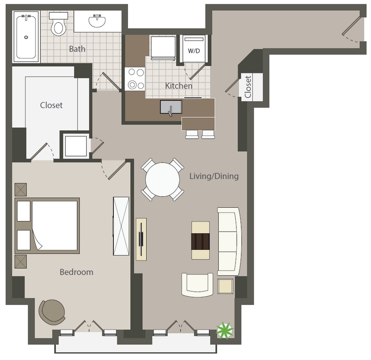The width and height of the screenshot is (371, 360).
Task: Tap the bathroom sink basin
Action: [x=98, y=21]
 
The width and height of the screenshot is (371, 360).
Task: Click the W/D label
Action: [x=194, y=51]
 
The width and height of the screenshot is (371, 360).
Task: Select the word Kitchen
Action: [x=179, y=86]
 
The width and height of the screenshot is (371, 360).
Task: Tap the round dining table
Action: [x=162, y=179]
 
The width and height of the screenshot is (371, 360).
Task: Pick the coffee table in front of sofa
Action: [x=200, y=240]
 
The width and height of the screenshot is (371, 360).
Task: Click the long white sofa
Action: [x=229, y=241]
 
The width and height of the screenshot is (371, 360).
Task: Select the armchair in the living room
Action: [x=197, y=285]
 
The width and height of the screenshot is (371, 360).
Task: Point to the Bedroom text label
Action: [x=76, y=272]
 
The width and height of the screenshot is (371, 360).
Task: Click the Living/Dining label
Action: [x=214, y=176]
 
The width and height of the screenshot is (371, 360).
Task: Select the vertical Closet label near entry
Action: [x=248, y=87]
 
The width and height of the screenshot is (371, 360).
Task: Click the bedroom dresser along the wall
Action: [x=121, y=226]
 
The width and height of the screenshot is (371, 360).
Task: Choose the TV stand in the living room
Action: [x=141, y=239]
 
